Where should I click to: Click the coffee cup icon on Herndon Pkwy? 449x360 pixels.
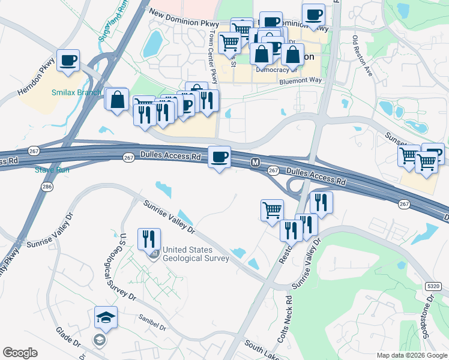click(68, 60)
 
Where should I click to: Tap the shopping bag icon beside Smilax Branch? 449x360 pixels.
click(118, 100)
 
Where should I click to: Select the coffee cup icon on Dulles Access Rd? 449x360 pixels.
click(219, 157)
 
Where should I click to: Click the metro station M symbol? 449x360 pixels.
click(255, 162)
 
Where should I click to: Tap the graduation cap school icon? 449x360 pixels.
click(106, 318)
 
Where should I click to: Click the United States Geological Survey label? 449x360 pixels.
click(196, 254)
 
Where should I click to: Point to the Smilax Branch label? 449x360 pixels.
click(76, 92)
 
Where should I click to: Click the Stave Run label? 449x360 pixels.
click(52, 170)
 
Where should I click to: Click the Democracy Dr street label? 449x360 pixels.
click(273, 70)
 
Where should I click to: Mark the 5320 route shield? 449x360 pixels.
click(433, 287)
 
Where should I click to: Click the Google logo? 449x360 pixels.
click(20, 353)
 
